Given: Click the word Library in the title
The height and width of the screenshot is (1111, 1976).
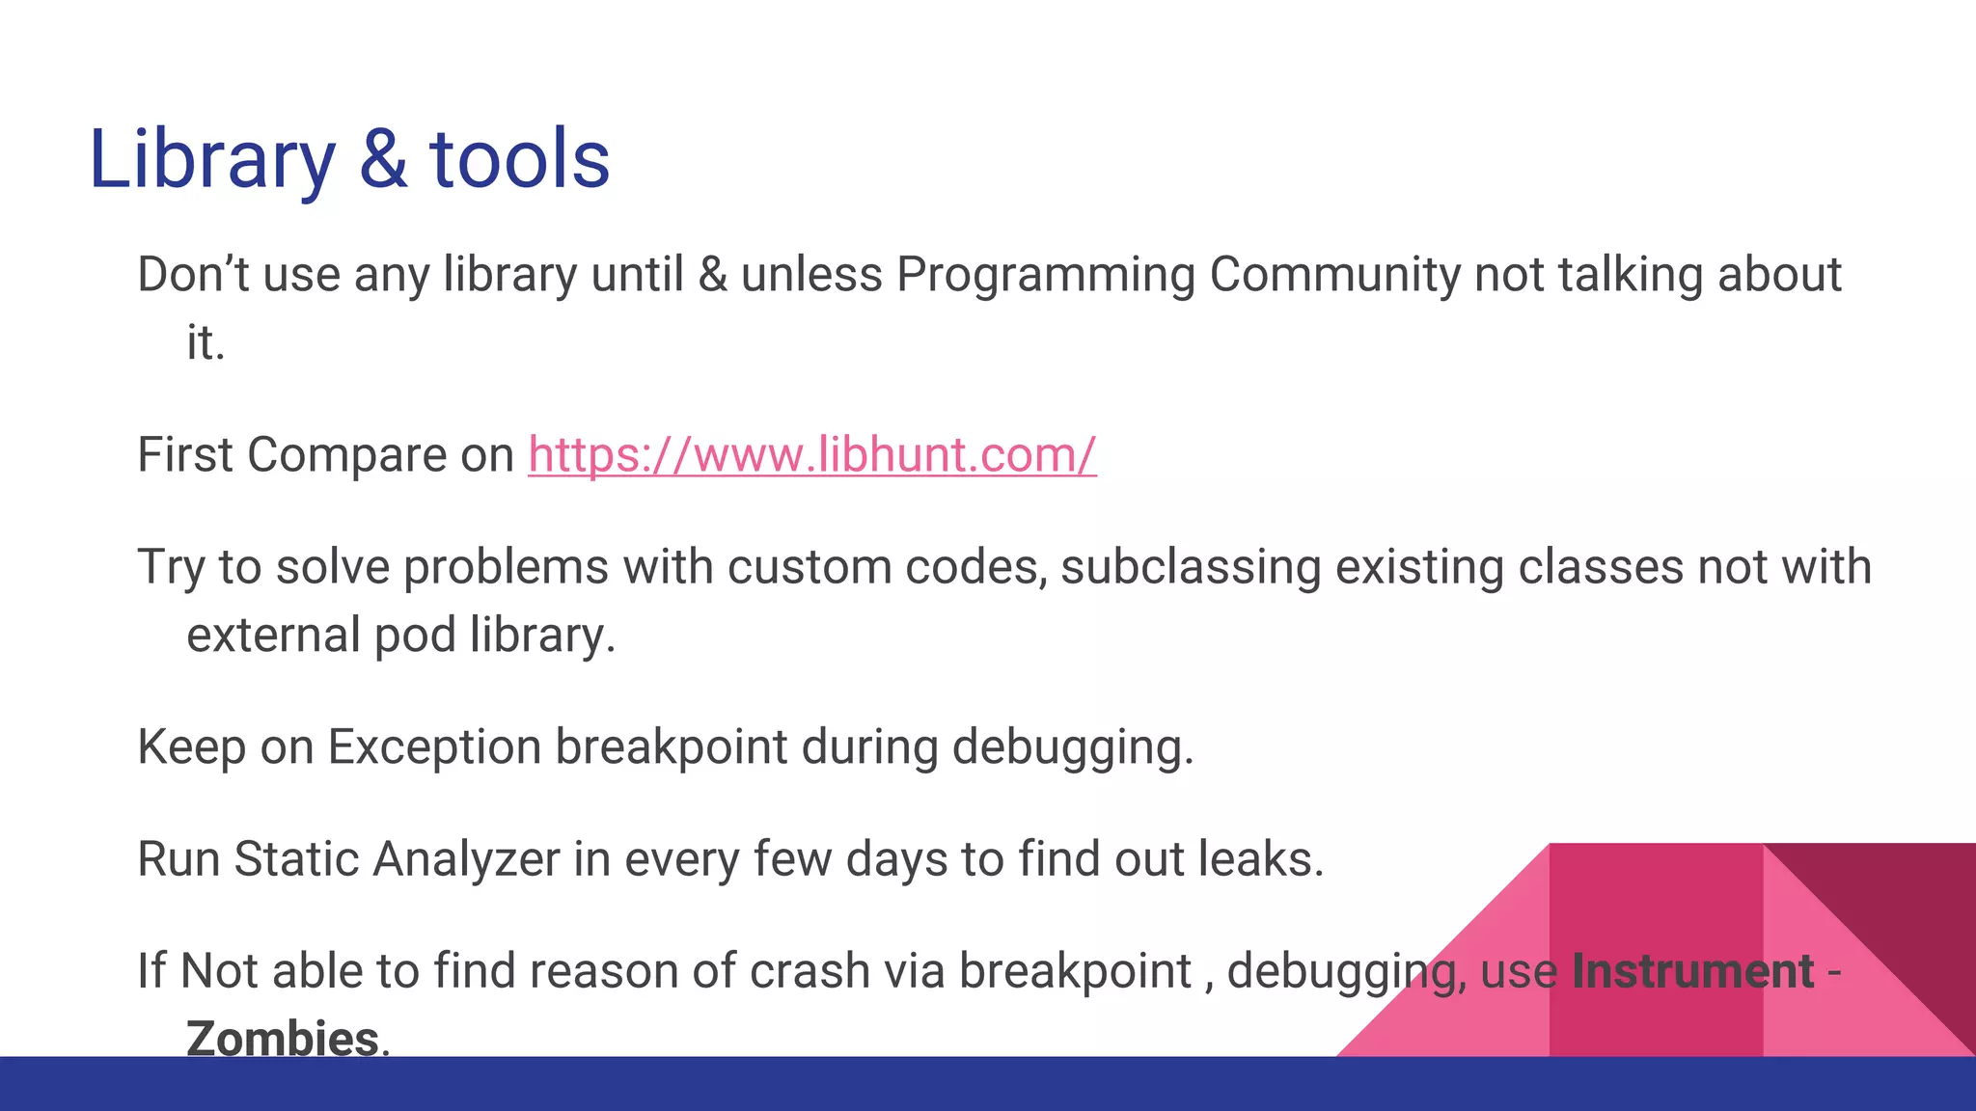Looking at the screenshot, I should (x=211, y=160).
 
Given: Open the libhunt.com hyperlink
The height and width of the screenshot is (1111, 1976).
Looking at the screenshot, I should (x=811, y=454).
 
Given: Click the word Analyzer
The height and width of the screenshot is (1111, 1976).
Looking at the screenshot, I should (x=466, y=858).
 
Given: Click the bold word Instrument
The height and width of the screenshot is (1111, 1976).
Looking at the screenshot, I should (x=1692, y=970).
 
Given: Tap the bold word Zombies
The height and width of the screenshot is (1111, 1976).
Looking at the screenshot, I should (x=282, y=1038).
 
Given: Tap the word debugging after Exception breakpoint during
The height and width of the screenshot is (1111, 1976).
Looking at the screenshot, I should (x=1072, y=746).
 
